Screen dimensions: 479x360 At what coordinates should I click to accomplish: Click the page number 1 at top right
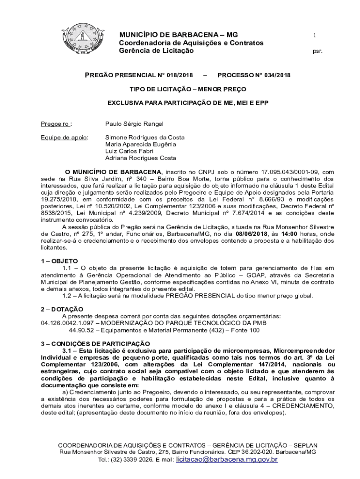[315, 36]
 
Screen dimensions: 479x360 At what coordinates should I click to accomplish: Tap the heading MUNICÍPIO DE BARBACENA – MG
[178, 35]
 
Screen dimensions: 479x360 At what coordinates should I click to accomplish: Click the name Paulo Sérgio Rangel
[134, 124]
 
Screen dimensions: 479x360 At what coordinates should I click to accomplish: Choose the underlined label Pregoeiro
[55, 124]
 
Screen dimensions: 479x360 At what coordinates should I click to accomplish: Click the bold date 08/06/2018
[252, 233]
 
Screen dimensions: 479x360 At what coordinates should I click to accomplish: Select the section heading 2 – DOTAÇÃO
[62, 309]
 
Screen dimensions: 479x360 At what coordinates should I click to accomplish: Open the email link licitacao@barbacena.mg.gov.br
[227, 460]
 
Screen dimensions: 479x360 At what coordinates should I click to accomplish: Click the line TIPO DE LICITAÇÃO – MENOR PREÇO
[188, 88]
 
